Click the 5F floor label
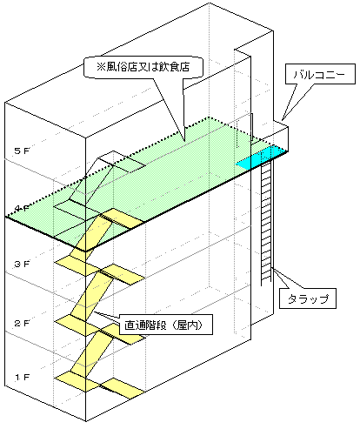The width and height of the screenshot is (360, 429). (x=22, y=151)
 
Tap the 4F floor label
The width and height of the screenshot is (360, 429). (x=22, y=208)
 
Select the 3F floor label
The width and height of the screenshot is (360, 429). (x=22, y=263)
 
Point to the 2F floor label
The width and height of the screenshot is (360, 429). (x=22, y=323)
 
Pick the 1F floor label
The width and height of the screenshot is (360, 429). (x=22, y=378)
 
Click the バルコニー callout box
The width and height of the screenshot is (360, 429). (x=319, y=76)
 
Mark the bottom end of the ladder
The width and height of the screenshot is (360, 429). (x=268, y=281)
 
